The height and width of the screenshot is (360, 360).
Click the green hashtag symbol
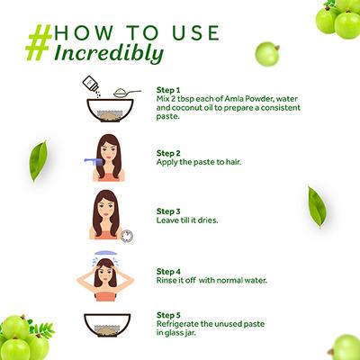click(39, 42)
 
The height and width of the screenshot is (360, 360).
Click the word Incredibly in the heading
click(109, 54)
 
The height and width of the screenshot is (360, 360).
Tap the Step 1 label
click(168, 90)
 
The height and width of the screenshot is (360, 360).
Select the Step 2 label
click(168, 153)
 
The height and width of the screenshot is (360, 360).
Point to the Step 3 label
click(168, 211)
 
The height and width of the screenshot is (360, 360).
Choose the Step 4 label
click(168, 272)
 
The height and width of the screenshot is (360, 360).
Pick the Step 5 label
click(168, 315)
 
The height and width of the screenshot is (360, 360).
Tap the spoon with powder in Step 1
click(127, 93)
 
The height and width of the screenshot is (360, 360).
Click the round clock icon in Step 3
click(127, 236)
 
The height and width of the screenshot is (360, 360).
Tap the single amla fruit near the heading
click(267, 54)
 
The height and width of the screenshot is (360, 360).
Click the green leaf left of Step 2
click(38, 161)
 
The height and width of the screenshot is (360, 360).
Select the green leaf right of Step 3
click(317, 207)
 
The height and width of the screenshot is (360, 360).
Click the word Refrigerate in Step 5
click(177, 324)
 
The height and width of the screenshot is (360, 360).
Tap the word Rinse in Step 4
click(166, 281)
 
